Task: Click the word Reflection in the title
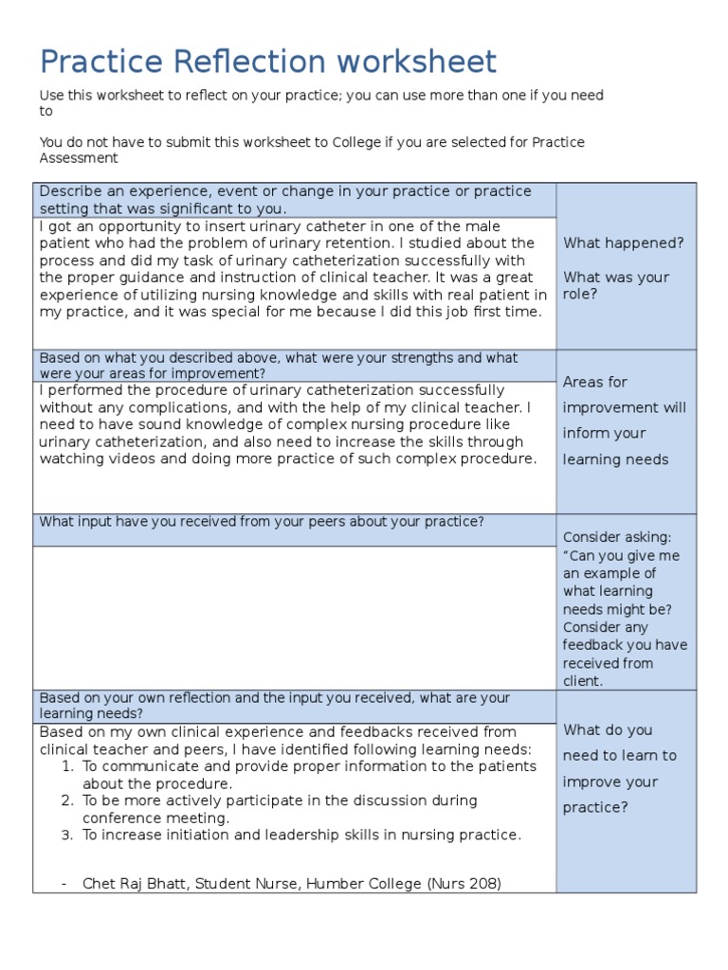tap(239, 63)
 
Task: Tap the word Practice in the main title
tap(91, 63)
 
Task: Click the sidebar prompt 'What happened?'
tap(623, 243)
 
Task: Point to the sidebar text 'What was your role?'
tap(616, 285)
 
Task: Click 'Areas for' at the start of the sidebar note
tap(594, 382)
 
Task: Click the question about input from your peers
tap(262, 522)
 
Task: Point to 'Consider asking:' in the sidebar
tap(616, 537)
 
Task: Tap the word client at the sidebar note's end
tap(582, 681)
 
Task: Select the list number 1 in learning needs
tap(67, 766)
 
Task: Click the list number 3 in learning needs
tap(67, 835)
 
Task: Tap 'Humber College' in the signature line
tap(373, 883)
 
